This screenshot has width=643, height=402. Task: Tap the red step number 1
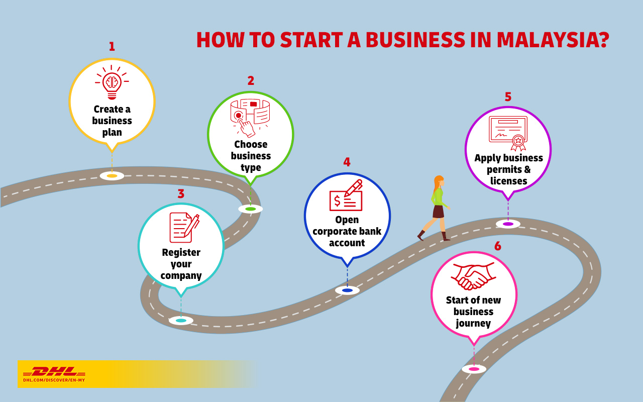112,47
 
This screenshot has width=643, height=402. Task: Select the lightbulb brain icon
112,83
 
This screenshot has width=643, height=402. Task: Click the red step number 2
251,80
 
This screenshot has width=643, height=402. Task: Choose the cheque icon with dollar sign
346,196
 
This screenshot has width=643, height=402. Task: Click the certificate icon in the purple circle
508,133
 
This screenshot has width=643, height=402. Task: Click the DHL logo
54,372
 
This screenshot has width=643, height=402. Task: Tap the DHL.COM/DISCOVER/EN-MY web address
54,380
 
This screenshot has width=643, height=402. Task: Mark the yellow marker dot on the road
112,176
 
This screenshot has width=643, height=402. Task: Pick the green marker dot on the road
251,209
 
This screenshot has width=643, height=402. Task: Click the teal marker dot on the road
181,321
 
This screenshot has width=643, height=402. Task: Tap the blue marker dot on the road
347,290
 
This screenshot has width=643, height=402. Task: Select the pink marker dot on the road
474,369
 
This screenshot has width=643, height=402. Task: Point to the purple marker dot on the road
508,224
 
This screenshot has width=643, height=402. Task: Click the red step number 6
497,246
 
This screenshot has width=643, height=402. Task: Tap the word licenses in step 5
508,181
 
